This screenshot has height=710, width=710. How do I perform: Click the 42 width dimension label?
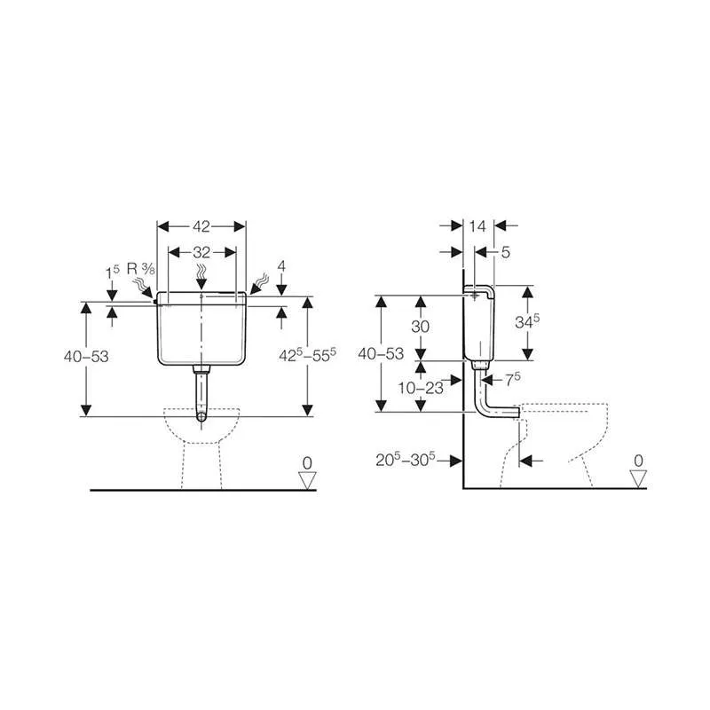coord(201,226)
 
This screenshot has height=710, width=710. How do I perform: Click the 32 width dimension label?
coord(201,252)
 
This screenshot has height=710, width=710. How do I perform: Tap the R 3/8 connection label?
coord(141,269)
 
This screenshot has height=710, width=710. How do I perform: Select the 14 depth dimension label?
coord(477,226)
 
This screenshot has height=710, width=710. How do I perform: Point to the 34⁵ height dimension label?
coord(527,321)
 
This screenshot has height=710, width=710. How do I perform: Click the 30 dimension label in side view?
coord(420,327)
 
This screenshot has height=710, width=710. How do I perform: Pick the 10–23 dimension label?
coord(421,388)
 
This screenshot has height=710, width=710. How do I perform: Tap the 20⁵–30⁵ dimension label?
coord(406,460)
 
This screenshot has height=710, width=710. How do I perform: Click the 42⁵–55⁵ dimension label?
coord(307,356)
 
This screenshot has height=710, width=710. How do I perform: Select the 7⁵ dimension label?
coord(513,380)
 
